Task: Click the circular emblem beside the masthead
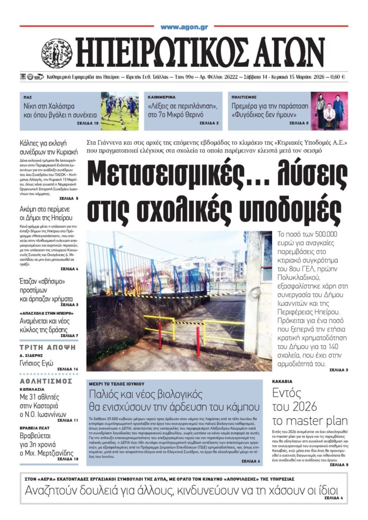pyautogui.click(x=57, y=53)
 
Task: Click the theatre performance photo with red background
pyautogui.click(x=329, y=111)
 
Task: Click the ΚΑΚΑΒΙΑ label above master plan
pyautogui.click(x=283, y=382)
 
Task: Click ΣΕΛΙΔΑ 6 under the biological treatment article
pyautogui.click(x=251, y=461)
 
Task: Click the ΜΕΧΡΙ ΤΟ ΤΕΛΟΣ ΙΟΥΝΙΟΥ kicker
pyautogui.click(x=117, y=384)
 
